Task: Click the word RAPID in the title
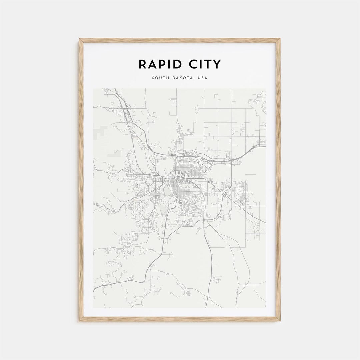click(158, 64)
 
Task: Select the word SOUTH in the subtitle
click(159, 78)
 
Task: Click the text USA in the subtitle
click(202, 78)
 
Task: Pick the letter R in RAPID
click(142, 64)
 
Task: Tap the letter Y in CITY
click(217, 64)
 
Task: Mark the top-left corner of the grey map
click(94, 89)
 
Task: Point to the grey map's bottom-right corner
click(266, 307)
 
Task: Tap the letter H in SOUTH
click(166, 78)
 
